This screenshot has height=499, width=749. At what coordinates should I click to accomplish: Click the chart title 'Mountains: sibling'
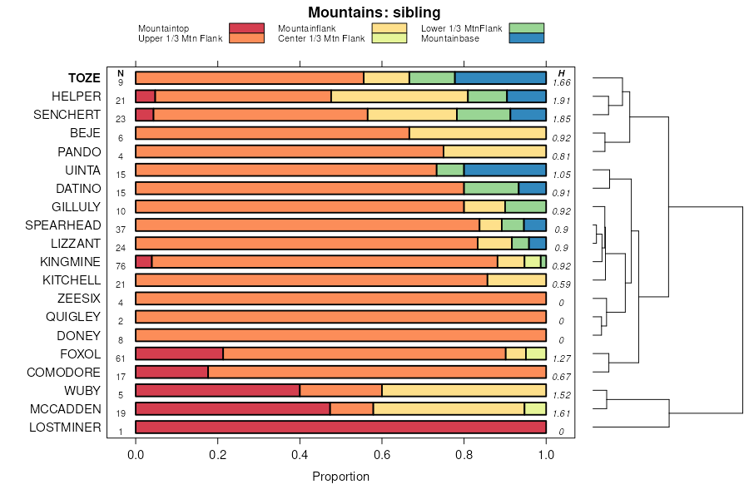(x=374, y=12)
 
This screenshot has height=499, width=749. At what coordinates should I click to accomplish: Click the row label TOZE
(x=84, y=78)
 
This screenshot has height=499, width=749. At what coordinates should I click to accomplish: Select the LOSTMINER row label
(x=65, y=427)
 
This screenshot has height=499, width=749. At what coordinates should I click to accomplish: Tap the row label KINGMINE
(x=70, y=261)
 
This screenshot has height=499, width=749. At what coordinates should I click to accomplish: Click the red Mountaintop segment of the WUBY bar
(x=217, y=391)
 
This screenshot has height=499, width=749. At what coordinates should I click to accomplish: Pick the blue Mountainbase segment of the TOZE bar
(x=500, y=78)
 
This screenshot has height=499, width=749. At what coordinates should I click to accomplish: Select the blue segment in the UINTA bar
(x=504, y=170)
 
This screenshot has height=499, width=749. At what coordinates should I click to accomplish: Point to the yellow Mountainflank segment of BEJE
(x=478, y=133)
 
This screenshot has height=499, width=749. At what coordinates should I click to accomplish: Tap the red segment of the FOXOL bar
(x=179, y=354)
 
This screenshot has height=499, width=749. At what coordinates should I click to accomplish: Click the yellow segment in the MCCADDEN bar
(x=449, y=409)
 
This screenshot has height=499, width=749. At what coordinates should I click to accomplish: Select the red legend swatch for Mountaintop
(x=247, y=28)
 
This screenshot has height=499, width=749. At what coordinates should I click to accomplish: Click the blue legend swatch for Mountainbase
(x=527, y=38)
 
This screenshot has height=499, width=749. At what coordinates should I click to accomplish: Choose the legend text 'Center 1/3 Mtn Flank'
(x=321, y=38)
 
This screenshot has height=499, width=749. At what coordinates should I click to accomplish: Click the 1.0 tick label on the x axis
(x=546, y=456)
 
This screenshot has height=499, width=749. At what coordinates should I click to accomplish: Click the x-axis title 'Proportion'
(x=340, y=477)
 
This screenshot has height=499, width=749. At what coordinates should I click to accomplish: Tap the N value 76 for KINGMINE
(x=121, y=266)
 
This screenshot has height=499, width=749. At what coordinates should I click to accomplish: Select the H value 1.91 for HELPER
(x=561, y=101)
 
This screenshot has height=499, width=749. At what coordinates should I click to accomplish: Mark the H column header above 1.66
(x=561, y=73)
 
